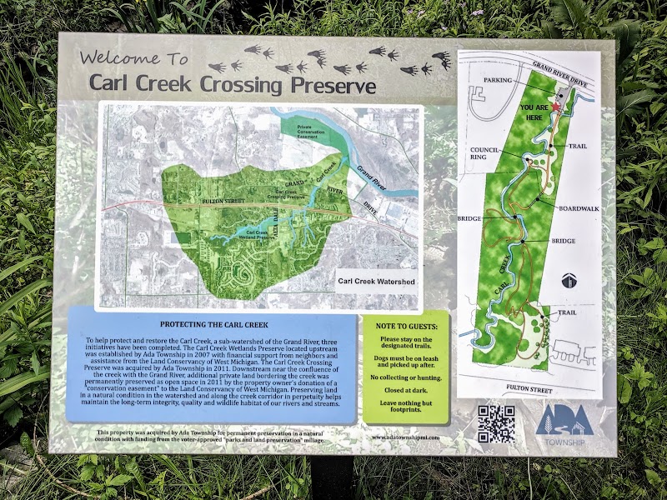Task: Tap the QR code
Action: [495, 423]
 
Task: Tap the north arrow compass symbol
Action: [569, 280]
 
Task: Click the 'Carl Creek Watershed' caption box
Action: [376, 282]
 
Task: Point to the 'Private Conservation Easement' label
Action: [309, 131]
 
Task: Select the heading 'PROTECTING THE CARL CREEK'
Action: [211, 324]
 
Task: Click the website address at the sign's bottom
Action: [404, 436]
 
